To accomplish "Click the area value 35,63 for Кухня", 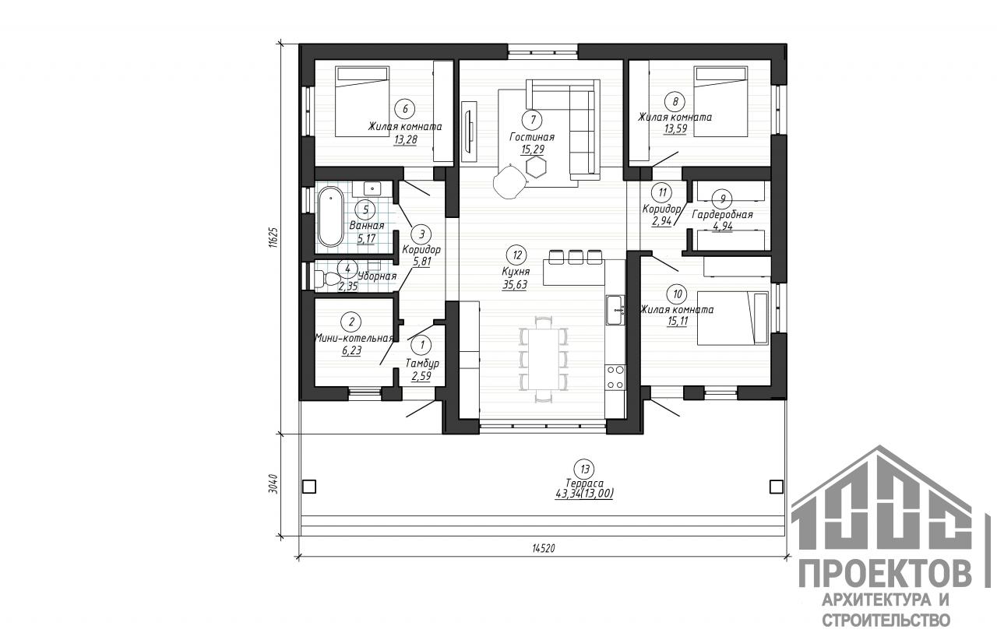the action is pos(515,285).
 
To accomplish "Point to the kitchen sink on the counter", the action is pos(615,310).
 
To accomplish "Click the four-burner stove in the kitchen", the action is pos(615,377).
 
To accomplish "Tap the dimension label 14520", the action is pos(544,548).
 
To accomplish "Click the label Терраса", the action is pos(584,483).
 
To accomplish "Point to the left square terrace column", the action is pos(309,486).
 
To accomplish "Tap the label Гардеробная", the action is pos(722,215).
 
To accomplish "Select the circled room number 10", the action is pos(677,294).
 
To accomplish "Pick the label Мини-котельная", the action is pos(354,338).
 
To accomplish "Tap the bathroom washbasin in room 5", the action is pos(371,188).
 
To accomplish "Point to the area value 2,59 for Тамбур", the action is pos(421,377).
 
